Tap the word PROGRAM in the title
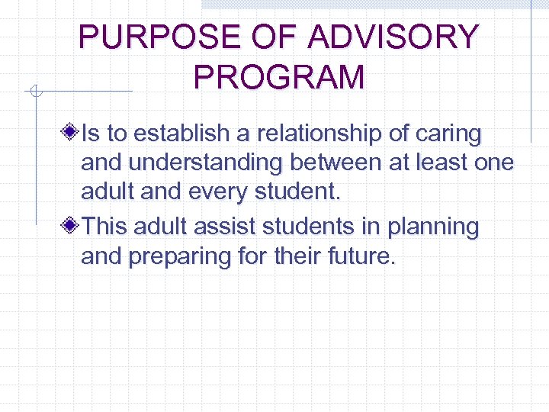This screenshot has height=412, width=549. (x=279, y=78)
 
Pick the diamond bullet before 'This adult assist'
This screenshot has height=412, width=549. (x=70, y=227)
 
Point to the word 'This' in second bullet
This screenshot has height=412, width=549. (x=104, y=226)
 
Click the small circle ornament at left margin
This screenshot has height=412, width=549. (x=34, y=92)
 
